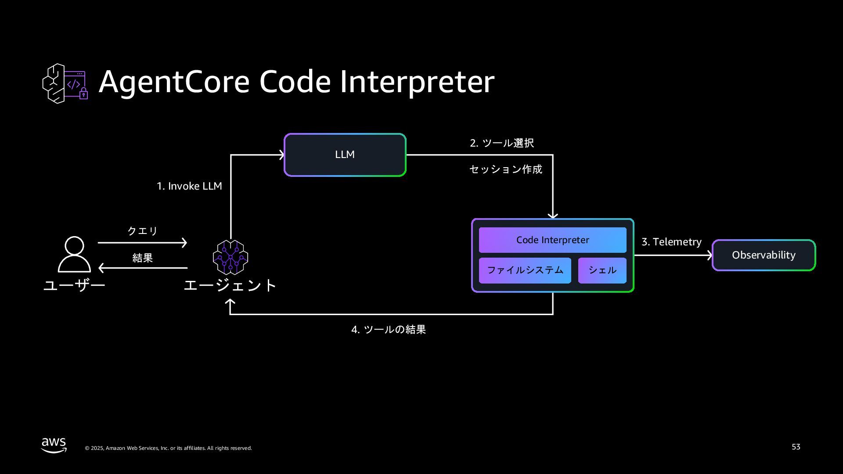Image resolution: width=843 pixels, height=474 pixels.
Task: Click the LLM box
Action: pos(345,155)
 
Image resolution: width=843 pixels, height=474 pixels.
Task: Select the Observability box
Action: pos(764,255)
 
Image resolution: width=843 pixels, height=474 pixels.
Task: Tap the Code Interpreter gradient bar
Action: pos(552,240)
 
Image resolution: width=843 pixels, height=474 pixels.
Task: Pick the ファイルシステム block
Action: pos(525,270)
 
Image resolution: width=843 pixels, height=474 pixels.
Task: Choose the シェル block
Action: pos(602,270)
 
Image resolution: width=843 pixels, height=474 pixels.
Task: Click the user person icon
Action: pos(74,254)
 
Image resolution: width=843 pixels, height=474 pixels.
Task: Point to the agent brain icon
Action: pos(231,257)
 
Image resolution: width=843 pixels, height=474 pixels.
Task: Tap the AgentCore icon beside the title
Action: pos(65,83)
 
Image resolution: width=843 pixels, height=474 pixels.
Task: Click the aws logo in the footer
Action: pos(54,445)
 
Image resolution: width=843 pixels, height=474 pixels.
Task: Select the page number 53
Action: pos(796,447)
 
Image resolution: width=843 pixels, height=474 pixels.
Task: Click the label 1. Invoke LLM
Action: pos(189,186)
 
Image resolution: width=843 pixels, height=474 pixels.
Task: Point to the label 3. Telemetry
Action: pos(671,242)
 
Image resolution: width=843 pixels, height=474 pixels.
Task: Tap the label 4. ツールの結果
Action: pos(389,330)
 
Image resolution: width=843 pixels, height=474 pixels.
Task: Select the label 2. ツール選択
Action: pos(502,143)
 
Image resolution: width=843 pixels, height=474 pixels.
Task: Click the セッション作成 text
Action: pos(505,169)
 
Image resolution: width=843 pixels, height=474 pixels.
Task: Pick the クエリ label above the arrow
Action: pos(142,231)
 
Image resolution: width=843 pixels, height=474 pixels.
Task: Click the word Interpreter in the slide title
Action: pos(417,82)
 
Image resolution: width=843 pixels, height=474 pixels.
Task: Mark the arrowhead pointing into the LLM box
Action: pos(281,155)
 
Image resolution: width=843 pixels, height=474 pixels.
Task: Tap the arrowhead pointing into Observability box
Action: pos(709,255)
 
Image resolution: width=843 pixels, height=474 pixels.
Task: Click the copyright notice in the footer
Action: pos(168,448)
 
